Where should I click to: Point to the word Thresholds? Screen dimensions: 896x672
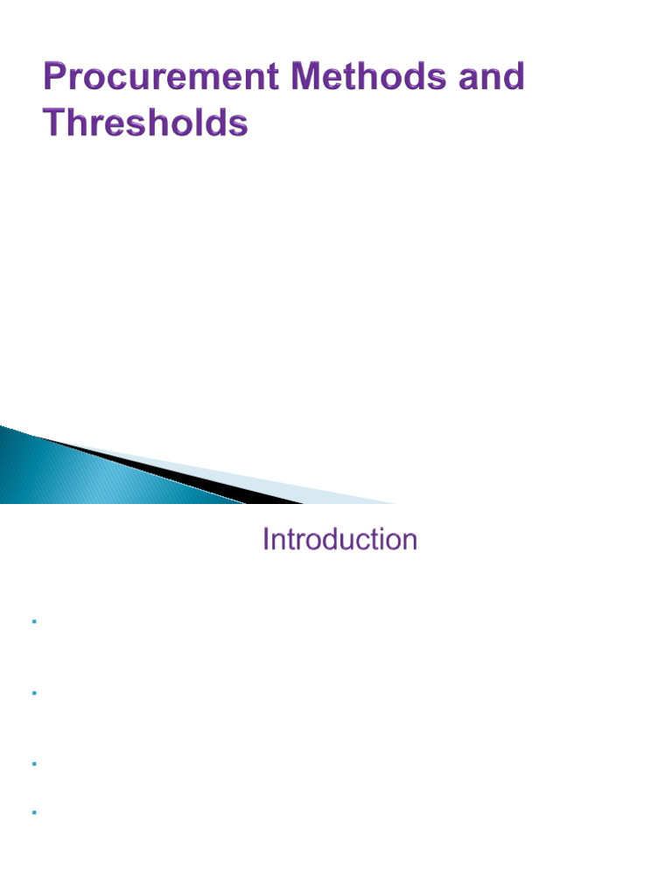coord(146,123)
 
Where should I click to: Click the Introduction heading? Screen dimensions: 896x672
coord(339,540)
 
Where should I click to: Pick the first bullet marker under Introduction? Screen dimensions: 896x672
coord(32,622)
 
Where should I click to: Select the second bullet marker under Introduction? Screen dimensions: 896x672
coord(32,693)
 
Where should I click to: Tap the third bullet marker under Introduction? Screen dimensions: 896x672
coord(32,764)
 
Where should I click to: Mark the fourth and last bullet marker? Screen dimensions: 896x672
coord(32,813)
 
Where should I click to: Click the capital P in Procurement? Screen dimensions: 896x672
coord(55,78)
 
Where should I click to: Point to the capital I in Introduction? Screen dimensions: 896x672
coord(265,540)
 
